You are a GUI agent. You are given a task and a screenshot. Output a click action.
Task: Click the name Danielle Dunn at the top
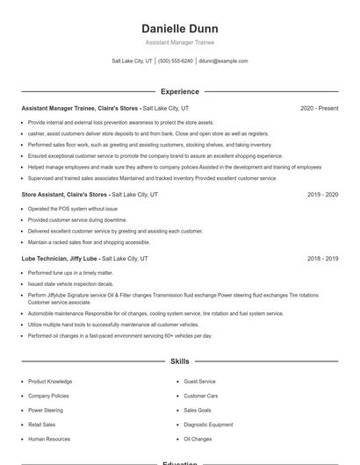click(179, 28)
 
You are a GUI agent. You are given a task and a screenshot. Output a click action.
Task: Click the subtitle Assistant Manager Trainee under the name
click(179, 42)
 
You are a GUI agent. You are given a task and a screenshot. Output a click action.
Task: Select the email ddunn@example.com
click(223, 61)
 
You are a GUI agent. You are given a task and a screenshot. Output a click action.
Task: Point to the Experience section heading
click(179, 91)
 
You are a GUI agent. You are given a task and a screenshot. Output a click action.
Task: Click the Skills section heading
click(179, 361)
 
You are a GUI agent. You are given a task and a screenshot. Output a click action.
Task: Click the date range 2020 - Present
click(319, 108)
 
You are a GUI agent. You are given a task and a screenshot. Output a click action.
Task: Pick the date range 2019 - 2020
click(322, 194)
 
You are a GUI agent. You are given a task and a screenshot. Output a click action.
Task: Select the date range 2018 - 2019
click(322, 259)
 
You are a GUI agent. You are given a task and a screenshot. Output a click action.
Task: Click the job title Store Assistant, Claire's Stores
click(64, 194)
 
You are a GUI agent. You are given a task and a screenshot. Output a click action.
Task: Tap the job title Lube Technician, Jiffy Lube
click(60, 259)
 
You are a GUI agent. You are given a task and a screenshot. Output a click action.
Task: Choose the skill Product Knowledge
click(50, 382)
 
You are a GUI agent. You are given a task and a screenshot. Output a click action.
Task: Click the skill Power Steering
click(46, 410)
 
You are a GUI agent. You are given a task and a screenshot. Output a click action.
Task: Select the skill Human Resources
click(49, 438)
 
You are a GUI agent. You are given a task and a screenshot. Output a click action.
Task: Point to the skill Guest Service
click(199, 382)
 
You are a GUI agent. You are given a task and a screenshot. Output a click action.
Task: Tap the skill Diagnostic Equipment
click(208, 424)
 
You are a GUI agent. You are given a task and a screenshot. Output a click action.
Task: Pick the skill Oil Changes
click(198, 438)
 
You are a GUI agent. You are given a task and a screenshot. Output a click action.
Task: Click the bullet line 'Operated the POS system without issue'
click(72, 209)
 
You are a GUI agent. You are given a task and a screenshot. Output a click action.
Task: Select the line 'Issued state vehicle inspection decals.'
click(70, 284)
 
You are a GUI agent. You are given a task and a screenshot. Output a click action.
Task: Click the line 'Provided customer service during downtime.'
click(76, 219)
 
